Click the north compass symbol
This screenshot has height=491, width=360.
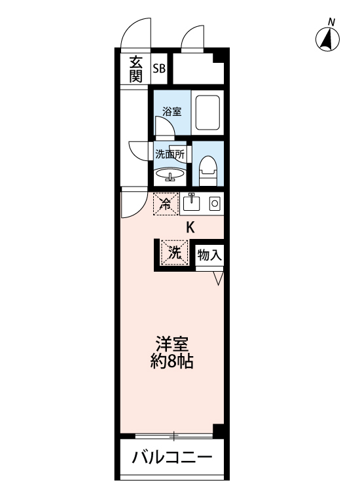pos(327,39)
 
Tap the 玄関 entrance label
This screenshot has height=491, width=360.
pos(135,69)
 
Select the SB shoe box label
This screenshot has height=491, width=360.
pos(159,68)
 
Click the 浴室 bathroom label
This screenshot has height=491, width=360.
pos(171,111)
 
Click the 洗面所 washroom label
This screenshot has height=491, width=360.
pos(169,155)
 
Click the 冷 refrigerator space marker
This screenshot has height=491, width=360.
pos(166,204)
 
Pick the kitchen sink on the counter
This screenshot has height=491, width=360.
pos(192,204)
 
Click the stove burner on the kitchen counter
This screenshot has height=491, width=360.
pos(213,204)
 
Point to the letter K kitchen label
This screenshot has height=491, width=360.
pos(190,228)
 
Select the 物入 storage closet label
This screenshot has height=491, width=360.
pos(209,255)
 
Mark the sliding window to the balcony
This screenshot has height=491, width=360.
pos(173,435)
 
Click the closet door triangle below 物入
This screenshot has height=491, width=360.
pos(219,278)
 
